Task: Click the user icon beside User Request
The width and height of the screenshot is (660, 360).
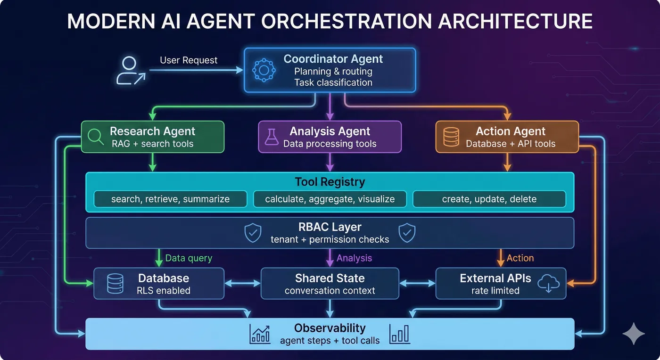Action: tap(130, 71)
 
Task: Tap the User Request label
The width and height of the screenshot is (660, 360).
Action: tap(189, 60)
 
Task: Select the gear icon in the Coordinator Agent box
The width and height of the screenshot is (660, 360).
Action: tap(264, 70)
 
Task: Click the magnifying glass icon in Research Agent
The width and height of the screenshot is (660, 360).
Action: tap(96, 137)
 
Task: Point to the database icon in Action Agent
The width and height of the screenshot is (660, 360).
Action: tap(451, 137)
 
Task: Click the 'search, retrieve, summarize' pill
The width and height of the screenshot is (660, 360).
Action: tap(170, 199)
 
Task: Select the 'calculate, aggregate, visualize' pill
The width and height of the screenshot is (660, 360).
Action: tap(330, 199)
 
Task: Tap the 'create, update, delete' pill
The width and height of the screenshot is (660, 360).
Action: tap(489, 199)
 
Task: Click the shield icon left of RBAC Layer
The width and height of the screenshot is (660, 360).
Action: tap(253, 233)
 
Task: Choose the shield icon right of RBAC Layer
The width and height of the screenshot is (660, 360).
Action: tap(407, 233)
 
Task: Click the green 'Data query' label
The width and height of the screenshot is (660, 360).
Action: tap(189, 258)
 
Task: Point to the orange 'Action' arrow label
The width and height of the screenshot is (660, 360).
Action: tap(520, 258)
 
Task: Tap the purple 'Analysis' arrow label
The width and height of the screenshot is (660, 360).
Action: tap(354, 258)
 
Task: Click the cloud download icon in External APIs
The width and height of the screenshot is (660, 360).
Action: tap(548, 284)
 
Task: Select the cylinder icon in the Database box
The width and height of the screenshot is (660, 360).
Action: tap(115, 284)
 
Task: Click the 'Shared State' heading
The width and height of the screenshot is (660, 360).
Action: tap(330, 278)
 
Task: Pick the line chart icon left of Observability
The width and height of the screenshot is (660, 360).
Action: tap(260, 334)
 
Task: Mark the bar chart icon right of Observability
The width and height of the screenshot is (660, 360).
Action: tap(399, 334)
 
